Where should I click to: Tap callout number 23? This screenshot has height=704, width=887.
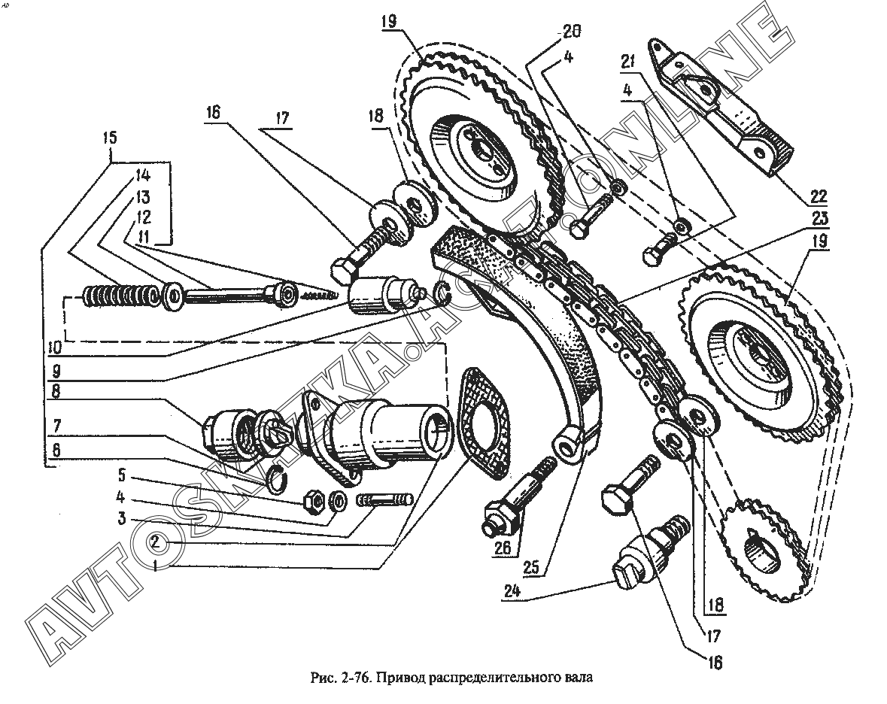(818, 218)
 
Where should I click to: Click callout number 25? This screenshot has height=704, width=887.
(532, 567)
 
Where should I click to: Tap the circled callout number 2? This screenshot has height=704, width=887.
(156, 542)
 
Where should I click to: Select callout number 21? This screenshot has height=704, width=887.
(627, 62)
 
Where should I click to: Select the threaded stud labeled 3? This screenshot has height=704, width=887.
(385, 500)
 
